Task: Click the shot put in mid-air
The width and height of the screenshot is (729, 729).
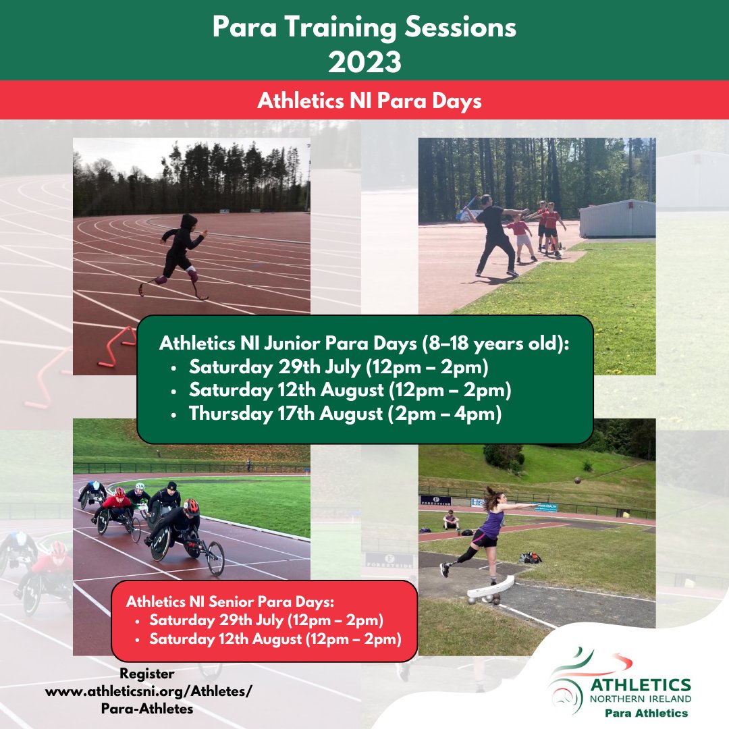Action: click(575, 481)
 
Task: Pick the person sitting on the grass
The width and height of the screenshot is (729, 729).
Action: click(451, 520)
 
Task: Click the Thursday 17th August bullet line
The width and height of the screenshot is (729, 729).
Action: click(345, 414)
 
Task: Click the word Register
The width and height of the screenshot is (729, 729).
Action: click(147, 673)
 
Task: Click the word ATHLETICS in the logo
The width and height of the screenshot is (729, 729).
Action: click(640, 685)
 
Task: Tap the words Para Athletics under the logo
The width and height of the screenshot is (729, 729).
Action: click(646, 713)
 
